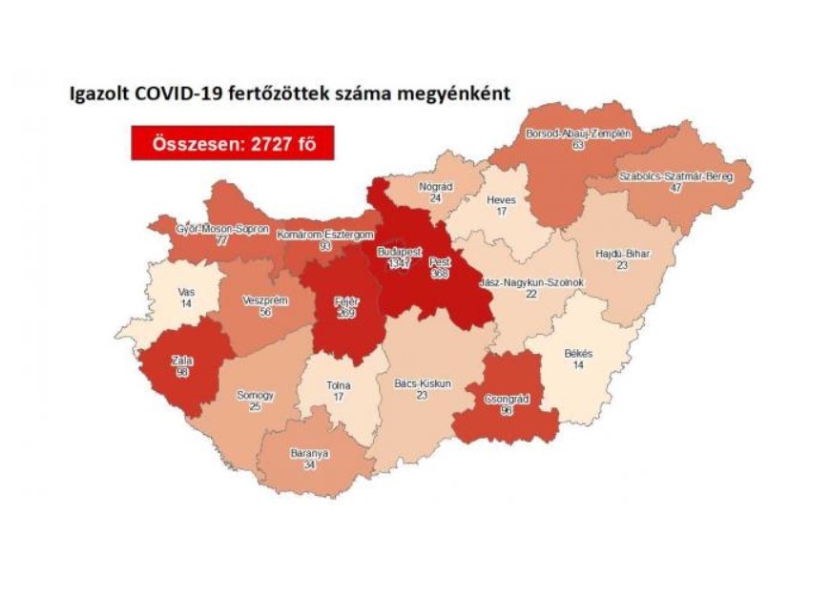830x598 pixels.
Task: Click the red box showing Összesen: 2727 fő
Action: coord(233,143)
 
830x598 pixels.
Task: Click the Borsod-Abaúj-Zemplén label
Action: coord(578,134)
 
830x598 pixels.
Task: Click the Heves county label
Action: coord(501,200)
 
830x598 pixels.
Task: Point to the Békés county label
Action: coord(578,353)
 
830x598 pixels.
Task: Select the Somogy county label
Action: coord(255,395)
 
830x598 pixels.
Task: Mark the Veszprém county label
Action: coord(259,299)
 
